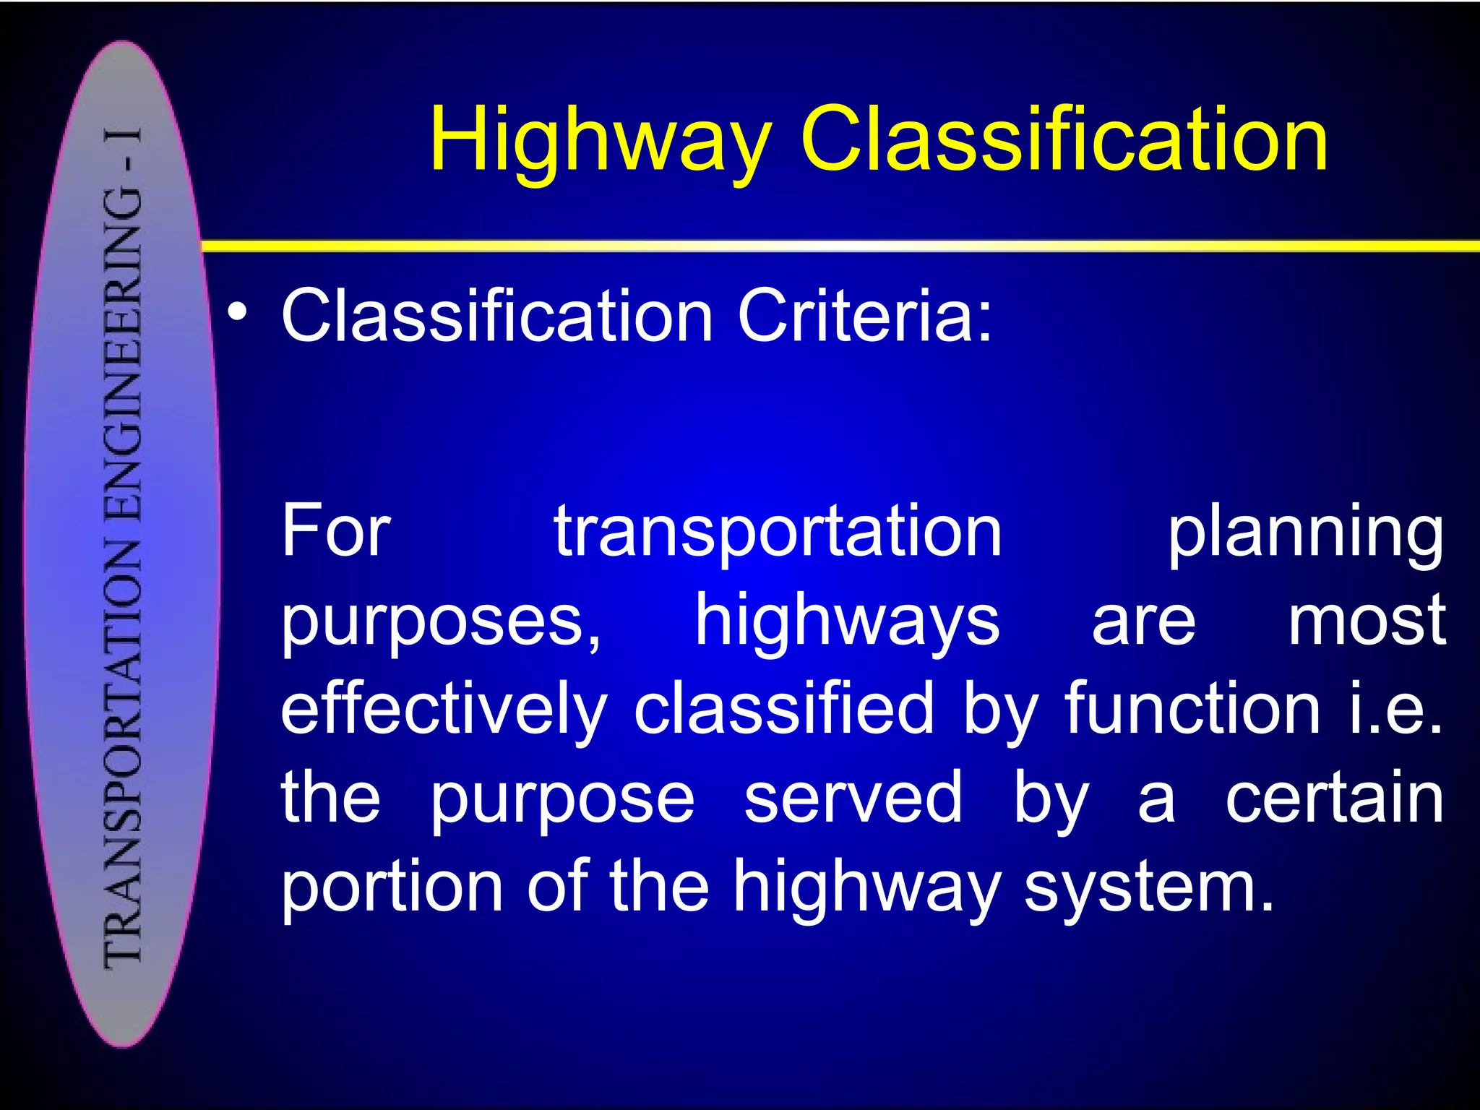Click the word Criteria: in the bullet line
865,315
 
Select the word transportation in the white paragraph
778,533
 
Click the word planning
1305,535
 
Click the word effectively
444,710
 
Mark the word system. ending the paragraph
1149,887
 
